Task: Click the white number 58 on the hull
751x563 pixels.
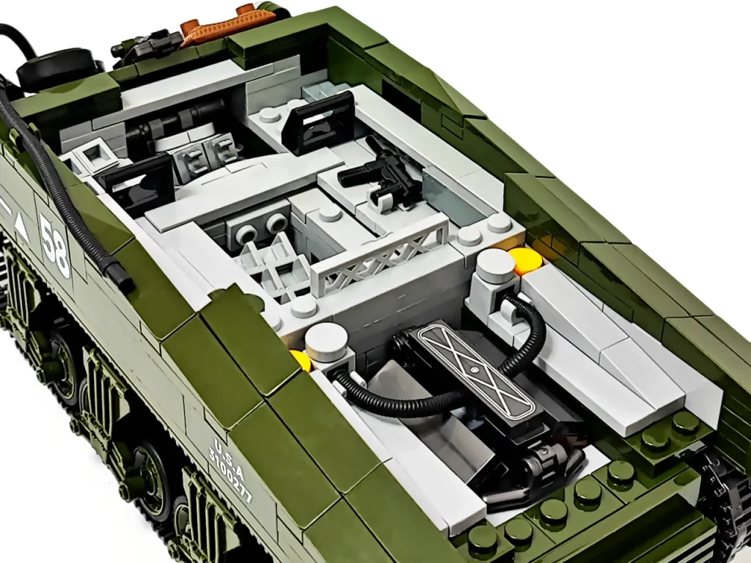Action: click(x=55, y=246)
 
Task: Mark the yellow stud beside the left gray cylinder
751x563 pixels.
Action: click(x=300, y=358)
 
